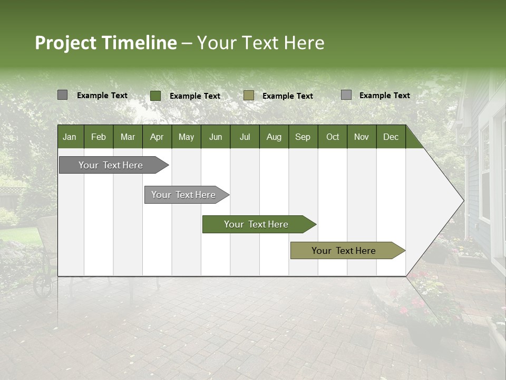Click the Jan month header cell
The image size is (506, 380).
[70, 137]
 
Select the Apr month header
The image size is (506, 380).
[157, 137]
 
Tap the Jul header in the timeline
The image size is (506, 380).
[245, 137]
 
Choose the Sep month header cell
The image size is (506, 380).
[303, 137]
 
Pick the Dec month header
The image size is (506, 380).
[391, 137]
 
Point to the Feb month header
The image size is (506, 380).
[99, 137]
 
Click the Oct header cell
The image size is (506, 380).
[333, 137]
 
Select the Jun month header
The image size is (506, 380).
[215, 137]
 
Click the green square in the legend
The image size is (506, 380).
[155, 96]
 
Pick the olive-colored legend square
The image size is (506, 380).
[249, 96]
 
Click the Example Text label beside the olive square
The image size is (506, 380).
[288, 96]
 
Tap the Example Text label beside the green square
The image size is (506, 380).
[195, 96]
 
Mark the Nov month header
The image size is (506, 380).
[362, 137]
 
